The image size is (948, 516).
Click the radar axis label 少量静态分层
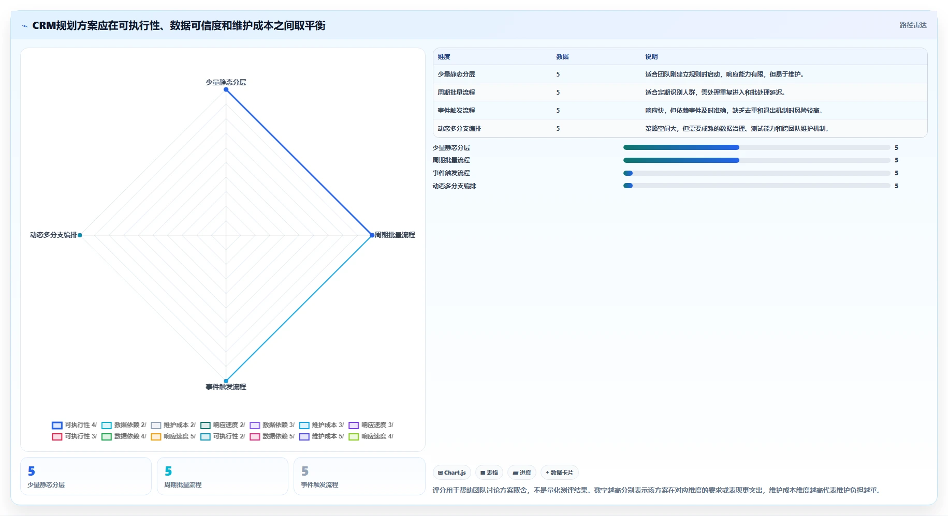(226, 82)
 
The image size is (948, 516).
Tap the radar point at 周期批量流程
(372, 235)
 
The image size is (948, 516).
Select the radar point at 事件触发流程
(226, 381)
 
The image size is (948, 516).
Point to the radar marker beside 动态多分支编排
(80, 235)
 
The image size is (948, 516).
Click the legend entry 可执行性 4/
(75, 425)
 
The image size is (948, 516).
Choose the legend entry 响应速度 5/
(173, 436)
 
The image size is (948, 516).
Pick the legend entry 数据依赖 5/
(272, 436)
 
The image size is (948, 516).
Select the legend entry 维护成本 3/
(322, 425)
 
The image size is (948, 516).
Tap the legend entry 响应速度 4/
(371, 436)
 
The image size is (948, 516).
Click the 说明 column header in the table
(651, 57)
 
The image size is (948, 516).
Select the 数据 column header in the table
(562, 57)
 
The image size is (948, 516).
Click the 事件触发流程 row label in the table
(456, 111)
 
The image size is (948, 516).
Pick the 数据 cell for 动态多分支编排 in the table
(558, 129)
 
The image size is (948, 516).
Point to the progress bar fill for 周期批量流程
(681, 160)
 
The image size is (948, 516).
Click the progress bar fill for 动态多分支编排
(628, 186)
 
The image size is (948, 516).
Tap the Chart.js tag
(451, 473)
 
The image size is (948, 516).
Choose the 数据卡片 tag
(559, 473)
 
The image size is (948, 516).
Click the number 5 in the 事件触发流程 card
(305, 471)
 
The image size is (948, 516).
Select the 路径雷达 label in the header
(913, 25)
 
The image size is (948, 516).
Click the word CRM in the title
(44, 25)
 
